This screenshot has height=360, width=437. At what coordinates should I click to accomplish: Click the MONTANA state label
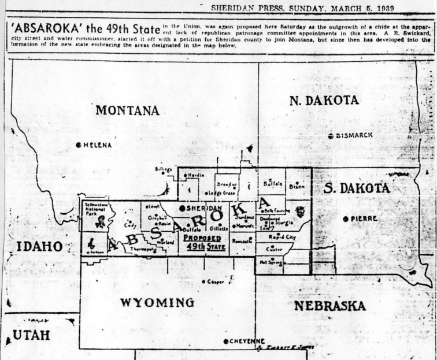click(127, 110)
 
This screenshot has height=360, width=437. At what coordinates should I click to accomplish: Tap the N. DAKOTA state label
click(324, 100)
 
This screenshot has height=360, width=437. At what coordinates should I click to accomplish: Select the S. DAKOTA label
click(357, 188)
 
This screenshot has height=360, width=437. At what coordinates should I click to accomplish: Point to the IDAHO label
click(39, 246)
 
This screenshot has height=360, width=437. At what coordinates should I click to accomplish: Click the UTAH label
click(31, 335)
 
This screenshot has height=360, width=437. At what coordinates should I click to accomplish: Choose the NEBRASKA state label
click(329, 306)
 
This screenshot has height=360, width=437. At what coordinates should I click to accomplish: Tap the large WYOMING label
click(157, 303)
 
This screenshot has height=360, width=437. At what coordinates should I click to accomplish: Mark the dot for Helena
click(79, 145)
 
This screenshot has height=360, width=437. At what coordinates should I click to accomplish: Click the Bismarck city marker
click(330, 136)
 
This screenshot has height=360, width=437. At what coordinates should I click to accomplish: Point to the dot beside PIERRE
click(346, 218)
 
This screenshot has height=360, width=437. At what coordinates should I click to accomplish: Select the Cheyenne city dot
click(226, 341)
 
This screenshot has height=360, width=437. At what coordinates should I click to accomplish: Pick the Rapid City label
click(282, 237)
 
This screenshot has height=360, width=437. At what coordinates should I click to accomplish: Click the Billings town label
click(164, 169)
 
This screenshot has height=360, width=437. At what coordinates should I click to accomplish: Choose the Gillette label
click(219, 228)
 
